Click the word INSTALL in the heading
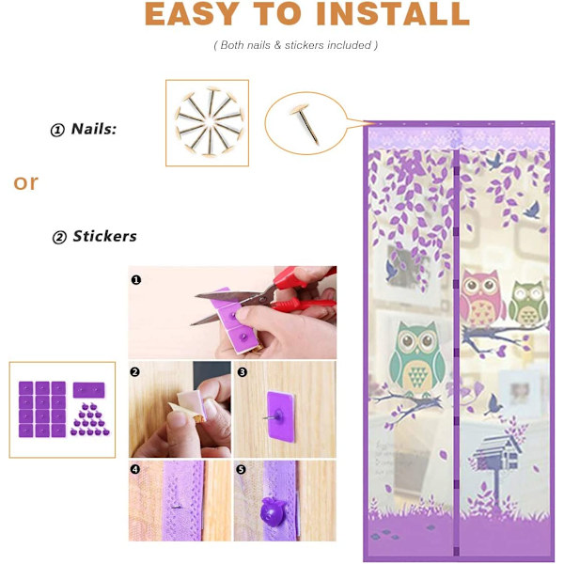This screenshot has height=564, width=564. click(393, 14)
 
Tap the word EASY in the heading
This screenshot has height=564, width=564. click(192, 14)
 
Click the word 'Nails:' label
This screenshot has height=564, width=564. click(94, 129)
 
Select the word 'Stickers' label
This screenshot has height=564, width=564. click(104, 236)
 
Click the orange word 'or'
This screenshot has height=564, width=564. click(25, 182)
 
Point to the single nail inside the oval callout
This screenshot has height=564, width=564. click(305, 123)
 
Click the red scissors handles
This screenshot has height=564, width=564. click(302, 290)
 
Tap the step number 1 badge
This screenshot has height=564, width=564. click(136, 279)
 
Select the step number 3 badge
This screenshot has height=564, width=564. click(243, 372)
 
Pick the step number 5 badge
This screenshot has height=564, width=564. click(241, 469)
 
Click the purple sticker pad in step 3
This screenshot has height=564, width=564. click(280, 416)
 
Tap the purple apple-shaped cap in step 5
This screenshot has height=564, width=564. click(273, 510)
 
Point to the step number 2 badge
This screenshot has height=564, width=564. click(134, 371)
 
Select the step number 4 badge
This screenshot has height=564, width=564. click(134, 469)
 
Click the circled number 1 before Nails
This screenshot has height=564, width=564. click(57, 131)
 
